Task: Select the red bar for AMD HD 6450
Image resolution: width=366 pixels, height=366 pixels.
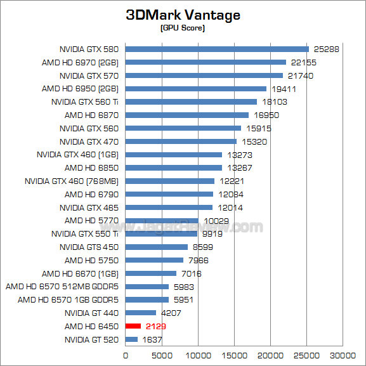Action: [x=133, y=326]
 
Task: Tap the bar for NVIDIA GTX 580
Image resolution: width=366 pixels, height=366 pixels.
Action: [x=217, y=49]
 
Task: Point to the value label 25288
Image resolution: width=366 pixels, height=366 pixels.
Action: [x=325, y=49]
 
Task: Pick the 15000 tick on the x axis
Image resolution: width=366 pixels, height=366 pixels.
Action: [x=235, y=355]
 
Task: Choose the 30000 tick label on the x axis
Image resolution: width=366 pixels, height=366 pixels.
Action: [x=345, y=355]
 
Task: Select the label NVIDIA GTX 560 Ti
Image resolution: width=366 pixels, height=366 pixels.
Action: [x=86, y=101]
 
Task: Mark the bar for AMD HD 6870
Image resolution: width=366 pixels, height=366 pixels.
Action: [x=187, y=115]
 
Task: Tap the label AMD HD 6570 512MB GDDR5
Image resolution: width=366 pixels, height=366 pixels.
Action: [x=63, y=286]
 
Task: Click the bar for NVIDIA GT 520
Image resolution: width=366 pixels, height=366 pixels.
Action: [x=131, y=339]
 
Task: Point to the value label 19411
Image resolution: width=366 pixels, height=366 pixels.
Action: [x=283, y=89]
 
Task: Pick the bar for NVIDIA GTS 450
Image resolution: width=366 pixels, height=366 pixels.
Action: [x=157, y=247]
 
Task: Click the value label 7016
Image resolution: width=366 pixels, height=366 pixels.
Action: [x=192, y=273]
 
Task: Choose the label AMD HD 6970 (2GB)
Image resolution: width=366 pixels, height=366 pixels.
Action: [x=81, y=62]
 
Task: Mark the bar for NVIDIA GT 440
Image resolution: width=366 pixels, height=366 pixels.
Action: [x=141, y=313]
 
